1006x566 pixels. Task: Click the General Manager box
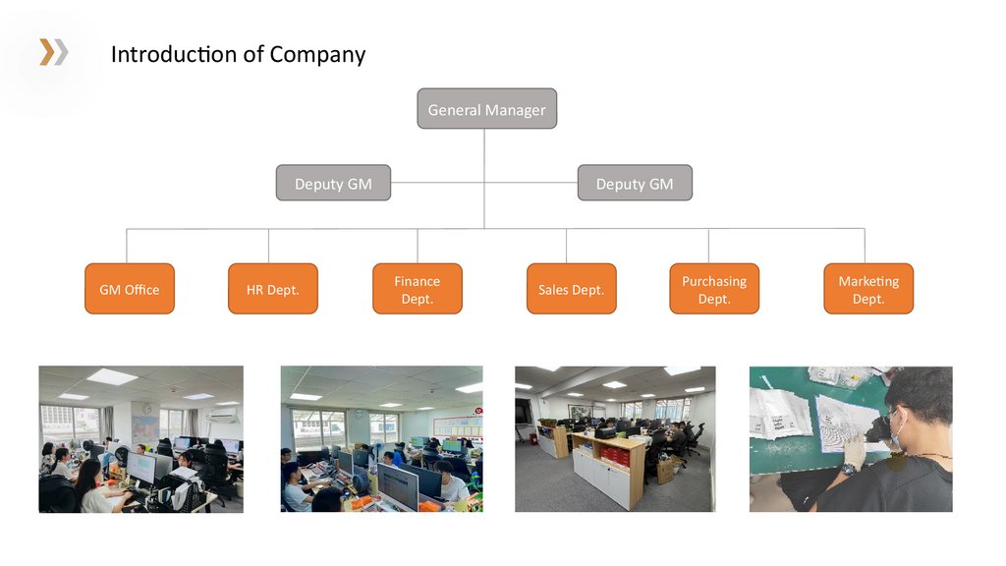click(x=486, y=109)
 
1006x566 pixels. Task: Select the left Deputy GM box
click(x=333, y=184)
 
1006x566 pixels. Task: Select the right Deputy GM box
click(x=635, y=184)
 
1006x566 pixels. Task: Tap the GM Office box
click(x=130, y=289)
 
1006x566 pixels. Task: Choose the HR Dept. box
click(x=273, y=289)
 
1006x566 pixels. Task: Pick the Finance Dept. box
click(x=418, y=289)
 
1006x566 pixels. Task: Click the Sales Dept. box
click(x=571, y=289)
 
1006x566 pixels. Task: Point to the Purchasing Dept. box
click(x=714, y=289)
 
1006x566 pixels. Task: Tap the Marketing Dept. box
click(x=868, y=289)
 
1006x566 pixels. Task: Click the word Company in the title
click(x=317, y=54)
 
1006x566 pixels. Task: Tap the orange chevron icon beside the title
click(x=53, y=52)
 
